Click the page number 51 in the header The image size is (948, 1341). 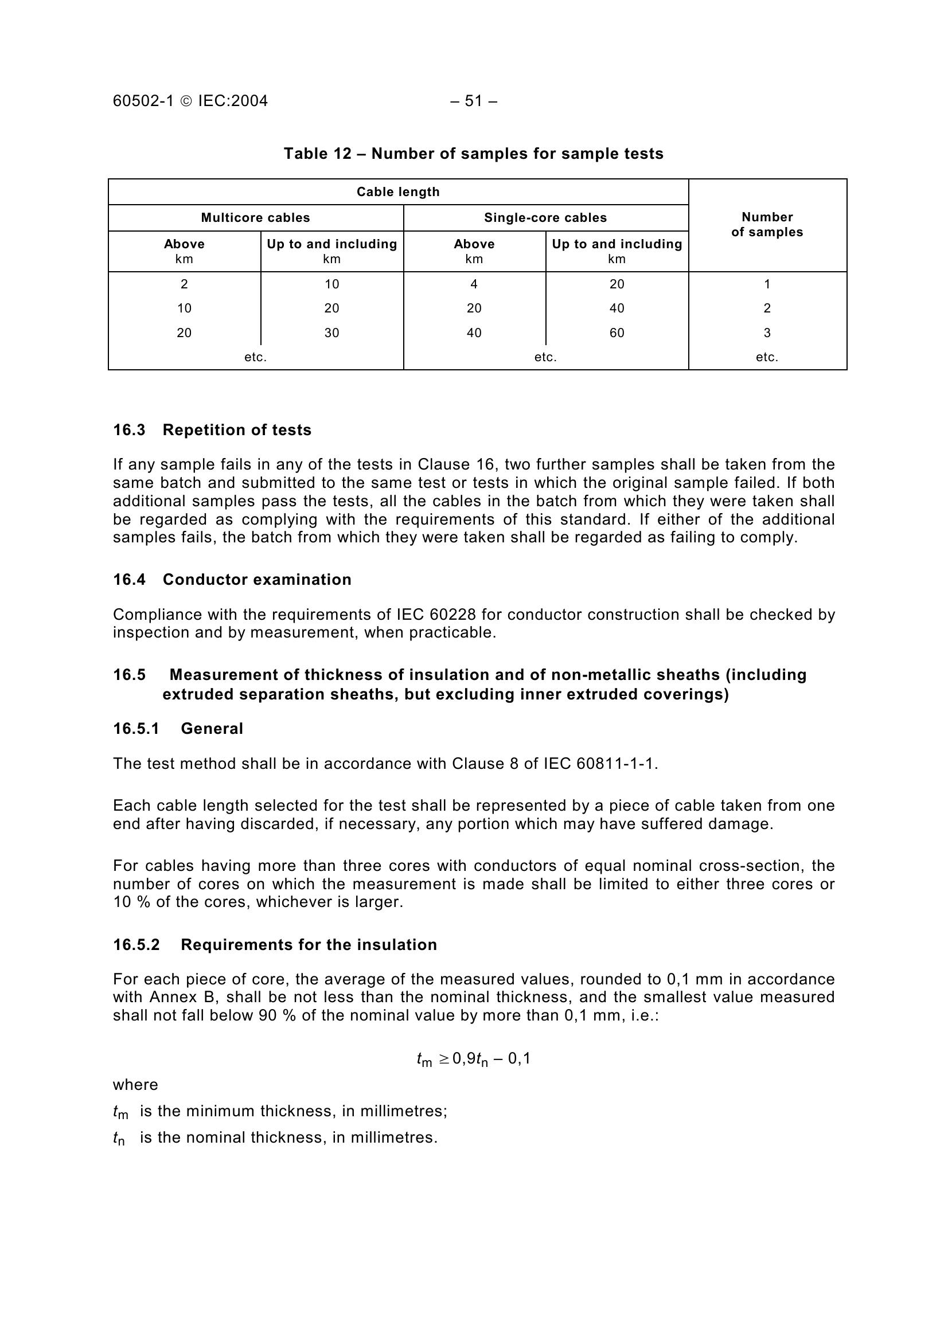(473, 101)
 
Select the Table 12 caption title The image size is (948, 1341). (473, 154)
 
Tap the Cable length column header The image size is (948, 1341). (398, 192)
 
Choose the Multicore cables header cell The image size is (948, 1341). (255, 218)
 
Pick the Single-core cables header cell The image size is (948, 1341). (545, 218)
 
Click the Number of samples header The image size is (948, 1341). (767, 225)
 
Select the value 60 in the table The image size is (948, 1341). (617, 333)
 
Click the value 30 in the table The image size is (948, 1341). (331, 333)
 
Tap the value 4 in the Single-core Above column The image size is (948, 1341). (474, 284)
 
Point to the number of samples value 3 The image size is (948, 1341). (767, 333)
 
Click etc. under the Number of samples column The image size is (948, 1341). (767, 357)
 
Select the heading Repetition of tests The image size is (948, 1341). (236, 430)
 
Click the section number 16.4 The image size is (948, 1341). (129, 580)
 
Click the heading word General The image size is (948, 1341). (212, 728)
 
